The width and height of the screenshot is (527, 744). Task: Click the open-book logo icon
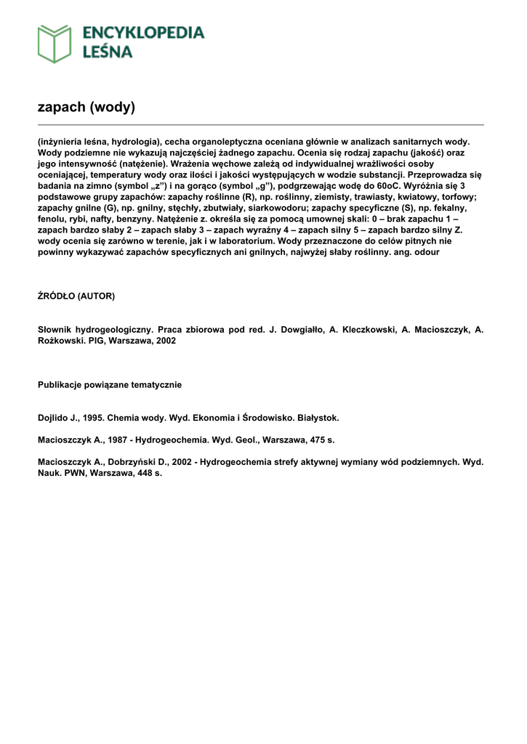coord(55,43)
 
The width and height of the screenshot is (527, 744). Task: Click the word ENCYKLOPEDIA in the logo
coord(143,33)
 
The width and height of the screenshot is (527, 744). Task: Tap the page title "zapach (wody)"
coord(87,108)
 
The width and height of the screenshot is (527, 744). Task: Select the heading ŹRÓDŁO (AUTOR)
coord(76,296)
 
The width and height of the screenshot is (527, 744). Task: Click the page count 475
coord(313,440)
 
